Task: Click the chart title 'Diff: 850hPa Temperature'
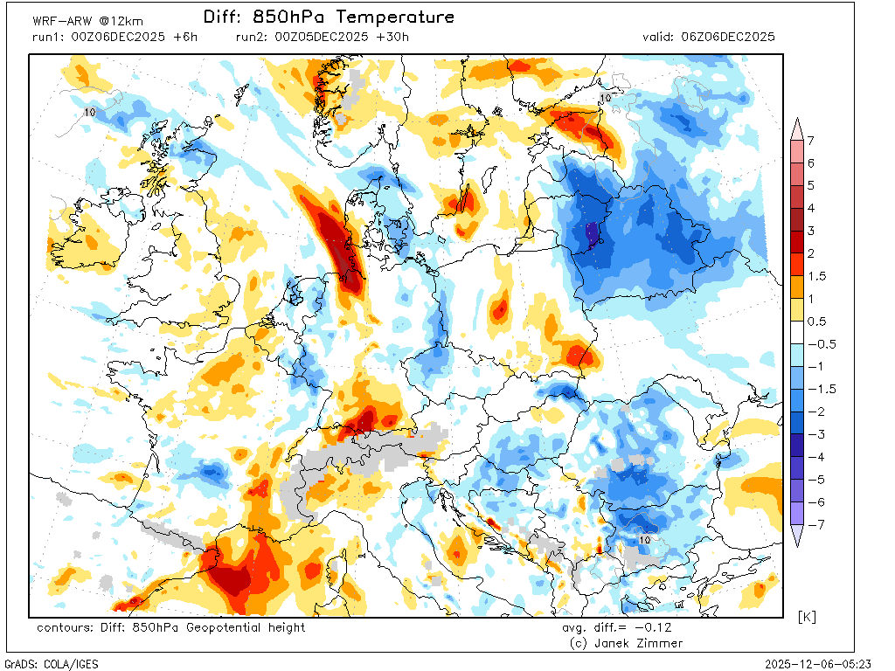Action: coord(329,17)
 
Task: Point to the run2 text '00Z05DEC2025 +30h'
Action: coord(341,37)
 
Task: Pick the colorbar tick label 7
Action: coord(811,141)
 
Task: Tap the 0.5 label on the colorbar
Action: coord(815,321)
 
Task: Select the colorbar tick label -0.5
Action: coord(819,343)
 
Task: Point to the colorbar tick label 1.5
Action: coord(815,276)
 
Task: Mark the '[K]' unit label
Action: coord(808,618)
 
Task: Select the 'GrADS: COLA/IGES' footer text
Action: coord(52,664)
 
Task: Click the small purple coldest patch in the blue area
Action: coord(592,233)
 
